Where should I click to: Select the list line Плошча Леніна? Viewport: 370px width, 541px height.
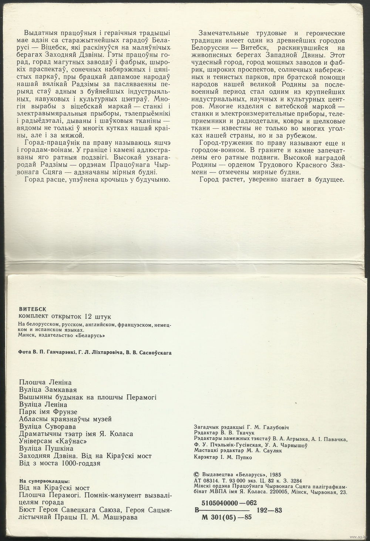point(44,382)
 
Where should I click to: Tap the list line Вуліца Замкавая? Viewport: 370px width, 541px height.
point(47,390)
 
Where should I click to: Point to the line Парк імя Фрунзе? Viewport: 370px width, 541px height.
point(48,411)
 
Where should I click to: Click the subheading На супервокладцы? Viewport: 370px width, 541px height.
point(43,481)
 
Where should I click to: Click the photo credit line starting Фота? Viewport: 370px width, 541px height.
point(95,353)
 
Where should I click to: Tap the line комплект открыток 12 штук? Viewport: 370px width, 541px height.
point(64,316)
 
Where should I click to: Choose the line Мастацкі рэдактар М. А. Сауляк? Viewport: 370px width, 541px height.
point(235,451)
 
